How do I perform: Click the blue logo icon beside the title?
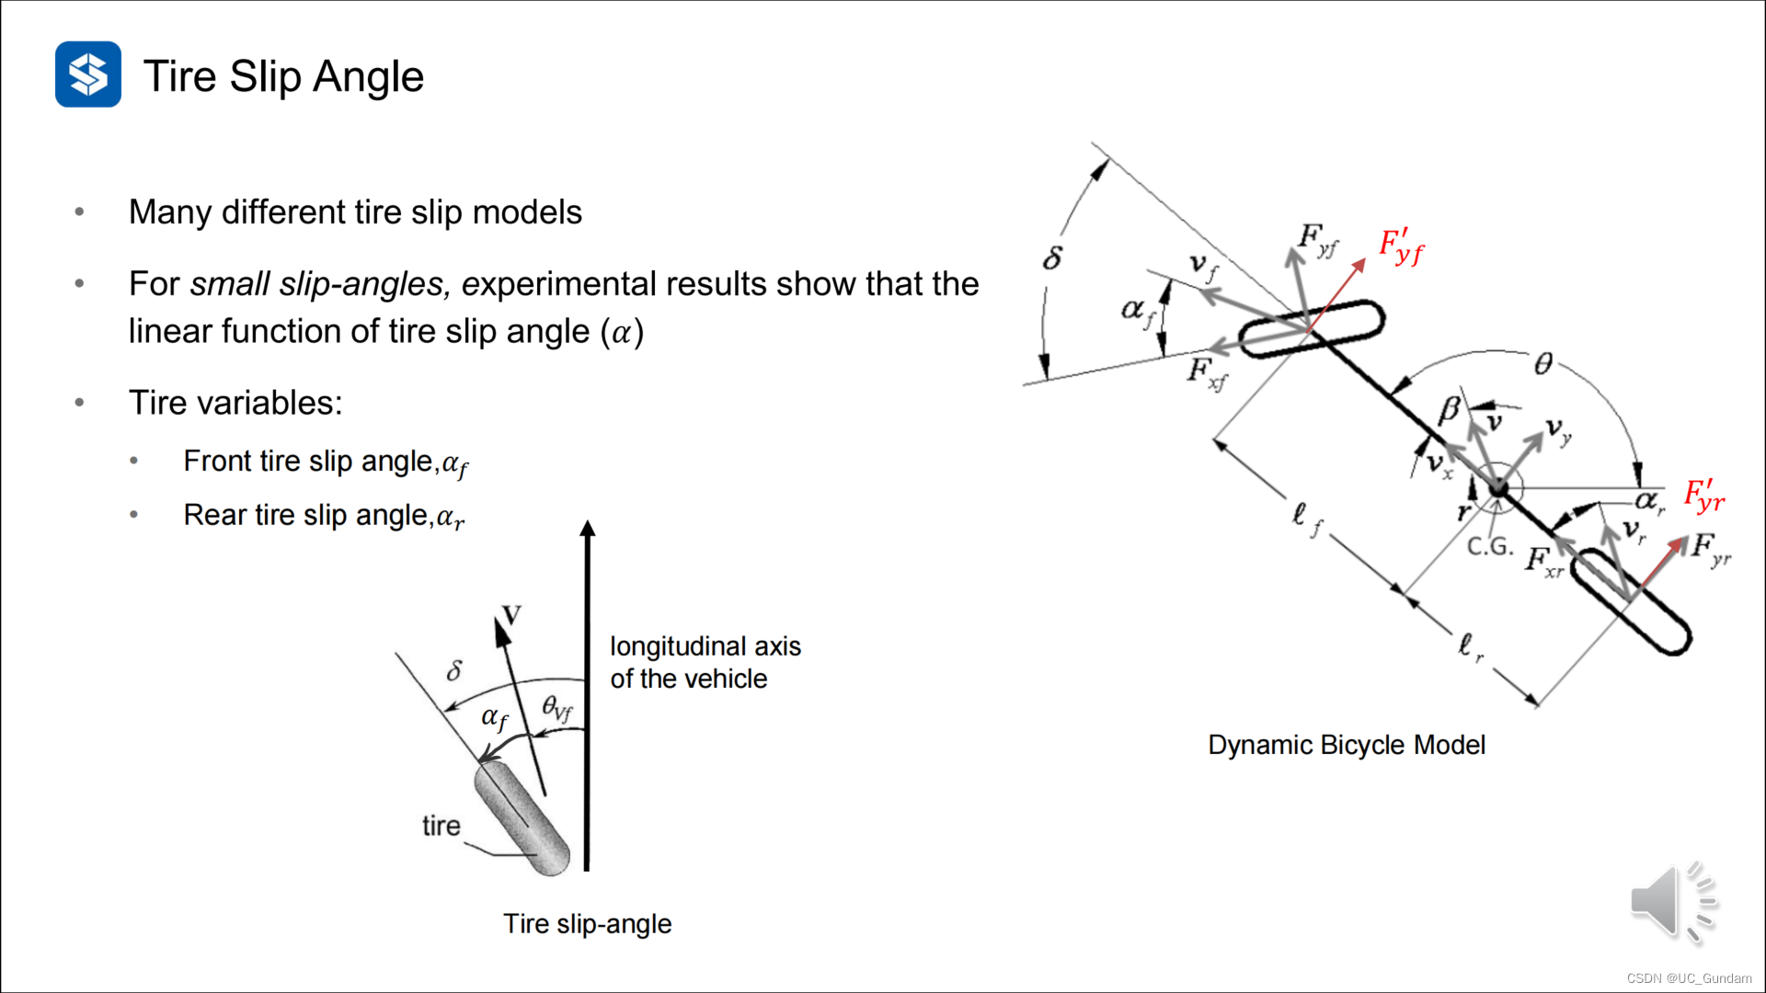(88, 74)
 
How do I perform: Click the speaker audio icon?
(1672, 903)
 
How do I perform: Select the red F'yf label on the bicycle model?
(1401, 246)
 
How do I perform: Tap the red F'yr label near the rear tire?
(1703, 496)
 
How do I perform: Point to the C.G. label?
(1489, 547)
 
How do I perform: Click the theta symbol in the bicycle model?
(1543, 364)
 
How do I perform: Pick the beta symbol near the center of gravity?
(1450, 409)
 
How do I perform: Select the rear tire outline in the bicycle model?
(1631, 602)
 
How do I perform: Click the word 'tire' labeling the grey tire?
(441, 826)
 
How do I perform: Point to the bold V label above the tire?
(511, 615)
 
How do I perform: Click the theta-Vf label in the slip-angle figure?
(556, 708)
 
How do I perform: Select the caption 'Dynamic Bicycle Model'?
(1346, 745)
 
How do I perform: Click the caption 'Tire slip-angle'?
(587, 923)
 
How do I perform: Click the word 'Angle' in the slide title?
(368, 76)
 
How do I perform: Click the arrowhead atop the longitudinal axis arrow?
(588, 529)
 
